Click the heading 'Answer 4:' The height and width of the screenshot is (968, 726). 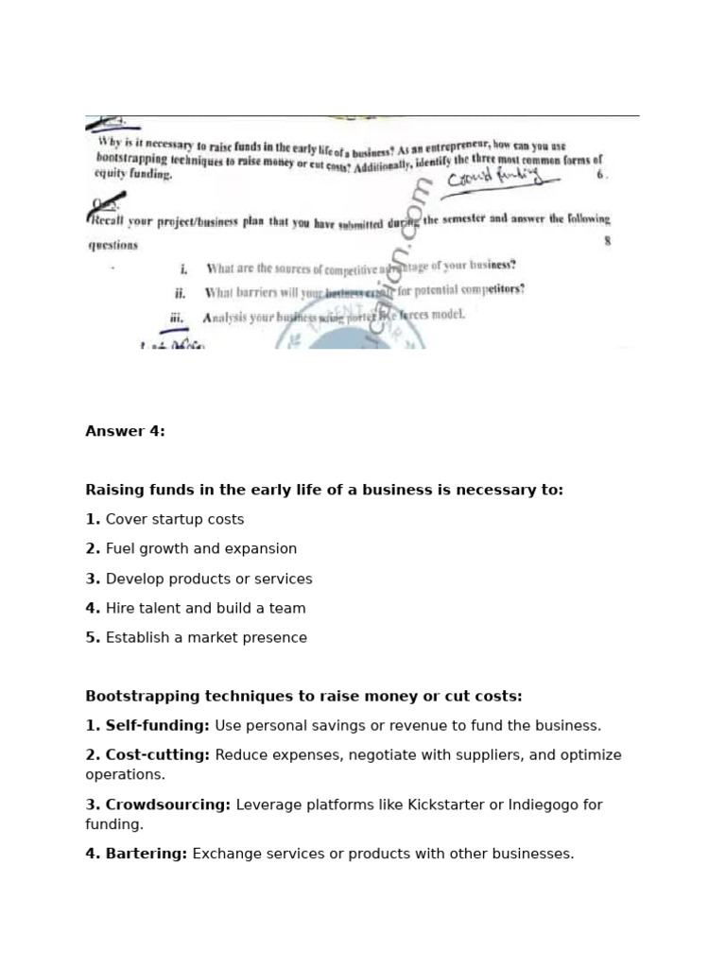[x=125, y=431]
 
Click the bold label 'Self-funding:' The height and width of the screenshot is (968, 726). [x=147, y=726]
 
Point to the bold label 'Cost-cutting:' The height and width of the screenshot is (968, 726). [x=147, y=755]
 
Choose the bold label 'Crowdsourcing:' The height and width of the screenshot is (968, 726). [x=158, y=804]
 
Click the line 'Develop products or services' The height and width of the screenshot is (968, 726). [x=208, y=579]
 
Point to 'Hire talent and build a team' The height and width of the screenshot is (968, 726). [x=205, y=608]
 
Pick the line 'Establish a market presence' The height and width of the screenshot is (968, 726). [x=206, y=637]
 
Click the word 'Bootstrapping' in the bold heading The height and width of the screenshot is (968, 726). [x=143, y=696]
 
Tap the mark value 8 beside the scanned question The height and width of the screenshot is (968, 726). [x=607, y=241]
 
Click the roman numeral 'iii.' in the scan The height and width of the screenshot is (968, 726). [x=177, y=319]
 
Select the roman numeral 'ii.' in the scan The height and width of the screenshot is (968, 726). [x=180, y=293]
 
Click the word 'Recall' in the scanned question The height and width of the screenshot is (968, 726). [x=112, y=220]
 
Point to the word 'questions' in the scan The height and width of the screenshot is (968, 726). [x=113, y=245]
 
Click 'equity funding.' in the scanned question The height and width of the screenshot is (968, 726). [x=133, y=174]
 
